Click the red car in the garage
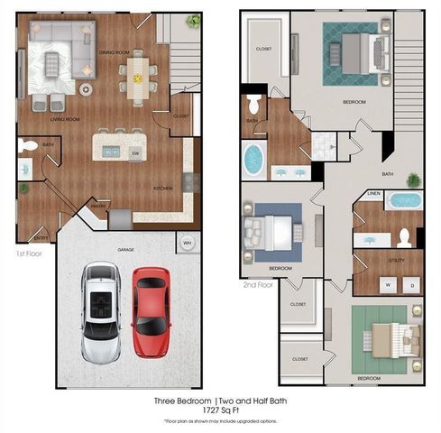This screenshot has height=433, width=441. (x=151, y=312)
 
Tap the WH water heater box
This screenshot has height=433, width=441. (x=188, y=243)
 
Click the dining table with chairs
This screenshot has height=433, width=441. (x=138, y=78)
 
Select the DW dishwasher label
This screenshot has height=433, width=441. (x=135, y=152)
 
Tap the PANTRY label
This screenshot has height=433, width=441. (x=99, y=207)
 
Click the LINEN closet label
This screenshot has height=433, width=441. (x=373, y=193)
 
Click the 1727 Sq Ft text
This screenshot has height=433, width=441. (x=220, y=410)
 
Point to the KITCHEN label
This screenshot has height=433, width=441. (x=162, y=187)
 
